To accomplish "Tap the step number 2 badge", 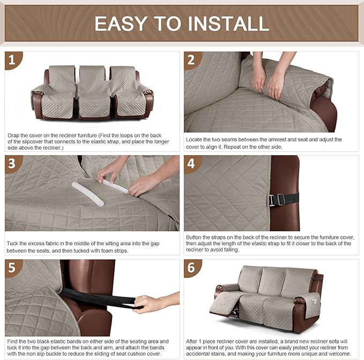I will click(x=192, y=60).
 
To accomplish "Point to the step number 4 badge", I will click(x=192, y=164).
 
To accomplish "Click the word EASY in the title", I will click(x=127, y=24).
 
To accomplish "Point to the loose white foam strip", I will click(x=87, y=194).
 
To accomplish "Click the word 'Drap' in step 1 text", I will click(x=14, y=135).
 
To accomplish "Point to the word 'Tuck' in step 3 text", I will click(x=13, y=243).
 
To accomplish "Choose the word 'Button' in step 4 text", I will click(x=195, y=237).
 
